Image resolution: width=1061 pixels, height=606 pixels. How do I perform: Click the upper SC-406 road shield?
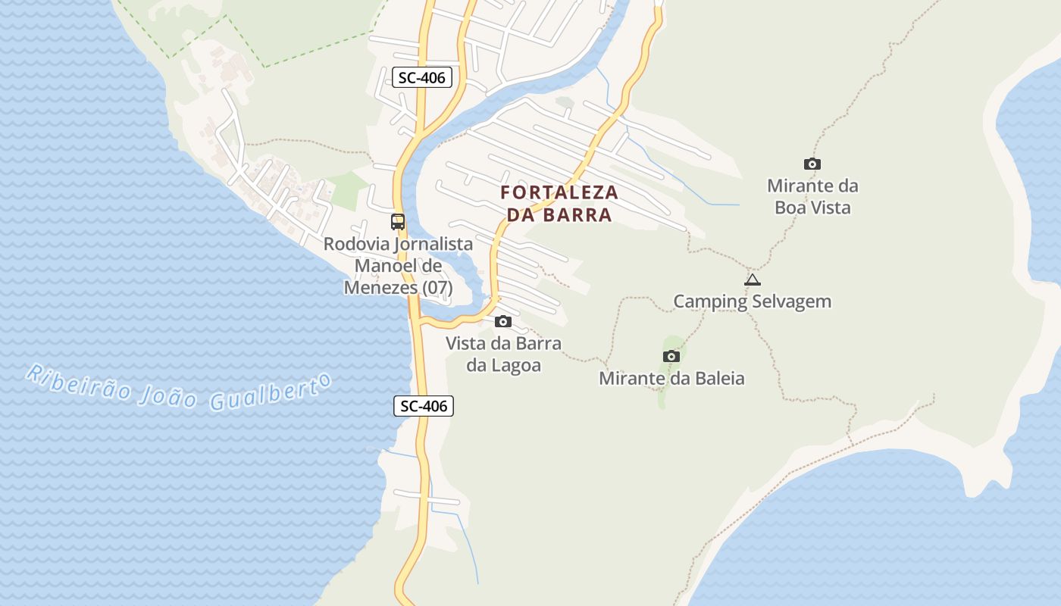click(422, 77)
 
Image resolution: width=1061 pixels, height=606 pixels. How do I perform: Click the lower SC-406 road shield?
click(424, 406)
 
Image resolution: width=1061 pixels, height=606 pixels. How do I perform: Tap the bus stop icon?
click(398, 222)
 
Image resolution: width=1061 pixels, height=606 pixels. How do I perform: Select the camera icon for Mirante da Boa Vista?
click(812, 164)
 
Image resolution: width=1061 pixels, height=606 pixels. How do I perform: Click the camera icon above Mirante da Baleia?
click(671, 356)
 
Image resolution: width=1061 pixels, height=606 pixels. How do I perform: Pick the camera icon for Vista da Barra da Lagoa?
click(502, 322)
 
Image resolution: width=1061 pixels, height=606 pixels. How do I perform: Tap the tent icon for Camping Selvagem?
click(752, 280)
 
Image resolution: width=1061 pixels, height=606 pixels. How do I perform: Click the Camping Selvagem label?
click(752, 301)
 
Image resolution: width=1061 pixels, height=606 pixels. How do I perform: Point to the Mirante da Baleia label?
click(671, 378)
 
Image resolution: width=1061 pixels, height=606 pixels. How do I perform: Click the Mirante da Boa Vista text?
click(812, 196)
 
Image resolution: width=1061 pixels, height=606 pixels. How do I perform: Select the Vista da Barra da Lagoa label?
click(503, 354)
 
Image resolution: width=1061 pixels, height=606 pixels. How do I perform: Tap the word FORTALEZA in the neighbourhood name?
click(559, 192)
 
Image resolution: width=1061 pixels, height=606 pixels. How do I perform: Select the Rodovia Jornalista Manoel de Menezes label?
click(398, 266)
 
